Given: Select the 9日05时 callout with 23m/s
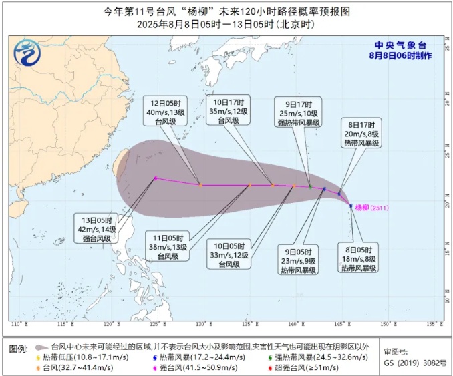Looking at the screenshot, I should tap(298, 261).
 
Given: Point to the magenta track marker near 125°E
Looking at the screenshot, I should tap(156, 178).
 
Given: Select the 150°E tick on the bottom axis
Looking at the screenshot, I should tap(384, 325).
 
